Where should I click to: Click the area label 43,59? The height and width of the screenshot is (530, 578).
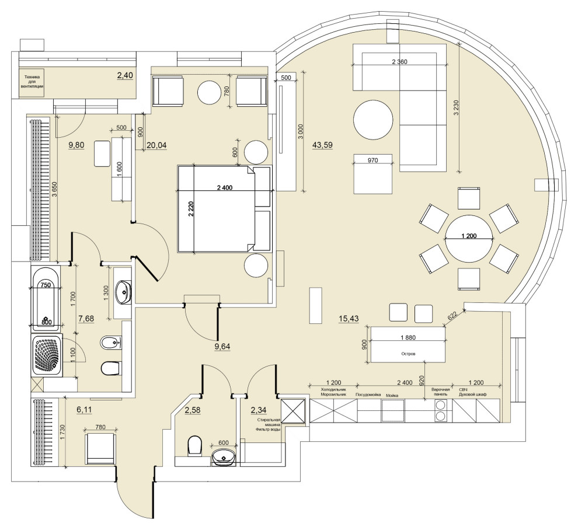point(322,145)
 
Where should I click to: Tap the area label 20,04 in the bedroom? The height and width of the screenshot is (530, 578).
point(156,145)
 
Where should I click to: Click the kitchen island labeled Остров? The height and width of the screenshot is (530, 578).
point(408,345)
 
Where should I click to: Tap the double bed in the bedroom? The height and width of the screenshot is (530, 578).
point(224,208)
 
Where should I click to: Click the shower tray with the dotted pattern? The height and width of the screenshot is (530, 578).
point(47,355)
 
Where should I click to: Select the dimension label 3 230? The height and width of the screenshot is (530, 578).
point(457,109)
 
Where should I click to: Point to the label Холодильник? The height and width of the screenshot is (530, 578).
point(333,389)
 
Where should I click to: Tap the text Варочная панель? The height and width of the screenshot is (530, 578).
point(440,392)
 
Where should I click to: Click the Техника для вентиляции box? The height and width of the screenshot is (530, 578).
point(32,83)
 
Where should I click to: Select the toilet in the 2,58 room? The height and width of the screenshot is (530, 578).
point(194,445)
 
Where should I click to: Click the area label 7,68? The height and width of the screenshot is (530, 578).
point(86,319)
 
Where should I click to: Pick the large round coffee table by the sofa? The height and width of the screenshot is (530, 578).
point(372,120)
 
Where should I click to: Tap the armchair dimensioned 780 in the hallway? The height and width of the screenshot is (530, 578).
point(100,449)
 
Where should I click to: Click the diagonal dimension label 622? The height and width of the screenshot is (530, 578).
point(452,316)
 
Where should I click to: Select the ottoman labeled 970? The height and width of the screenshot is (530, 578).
point(373,173)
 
